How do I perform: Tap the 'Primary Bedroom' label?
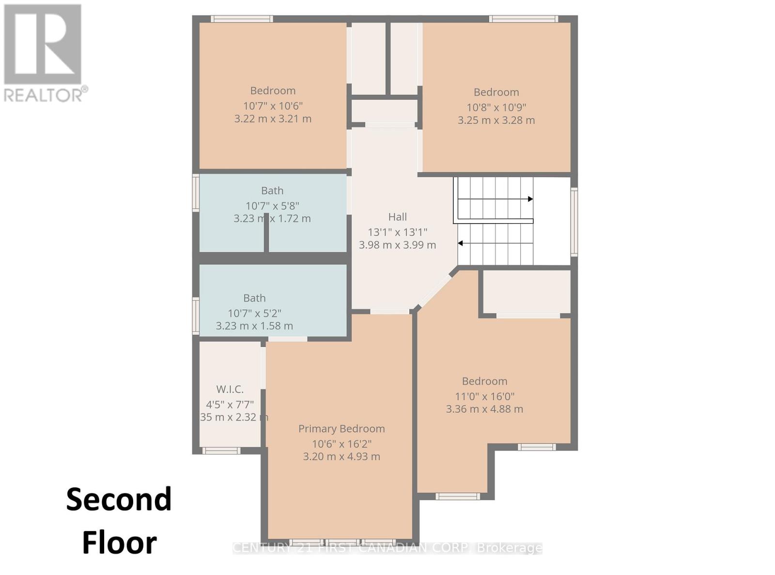[x=341, y=429]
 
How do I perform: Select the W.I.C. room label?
[x=230, y=389]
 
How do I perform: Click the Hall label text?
[x=397, y=217]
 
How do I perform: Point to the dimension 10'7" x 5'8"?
[x=272, y=206]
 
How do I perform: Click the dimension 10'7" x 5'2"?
[x=254, y=313]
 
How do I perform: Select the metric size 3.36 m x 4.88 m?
[x=484, y=409]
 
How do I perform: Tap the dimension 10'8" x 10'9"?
[x=496, y=107]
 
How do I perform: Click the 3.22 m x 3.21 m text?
[x=273, y=119]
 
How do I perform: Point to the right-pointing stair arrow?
[x=530, y=199]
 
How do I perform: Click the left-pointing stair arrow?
[x=461, y=243]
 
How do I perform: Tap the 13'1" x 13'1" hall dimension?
[x=397, y=232]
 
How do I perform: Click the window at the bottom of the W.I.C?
[x=221, y=451]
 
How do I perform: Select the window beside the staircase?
[x=574, y=222]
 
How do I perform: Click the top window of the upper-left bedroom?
[x=242, y=19]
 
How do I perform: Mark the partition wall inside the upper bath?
[x=266, y=233]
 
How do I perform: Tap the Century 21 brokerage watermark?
[x=387, y=548]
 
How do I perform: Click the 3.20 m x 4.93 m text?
[x=341, y=456]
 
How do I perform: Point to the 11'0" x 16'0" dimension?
[x=484, y=396]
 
